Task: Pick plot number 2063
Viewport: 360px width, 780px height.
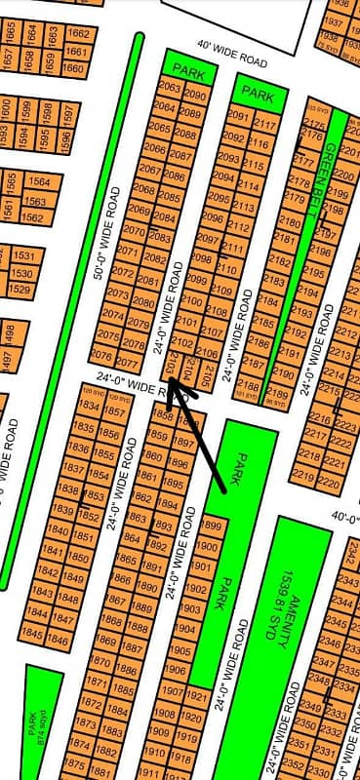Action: [x=167, y=89]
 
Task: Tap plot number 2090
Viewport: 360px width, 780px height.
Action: [x=195, y=96]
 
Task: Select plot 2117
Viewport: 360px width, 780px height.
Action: [x=264, y=124]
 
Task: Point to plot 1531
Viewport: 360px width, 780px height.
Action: [x=23, y=255]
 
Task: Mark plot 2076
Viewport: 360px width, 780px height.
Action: [x=101, y=354]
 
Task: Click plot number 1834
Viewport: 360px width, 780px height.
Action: [x=88, y=407]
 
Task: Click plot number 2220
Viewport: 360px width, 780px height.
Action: [x=330, y=481]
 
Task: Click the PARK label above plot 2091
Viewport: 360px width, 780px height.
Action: [x=258, y=94]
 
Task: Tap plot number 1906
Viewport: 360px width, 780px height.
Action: [x=176, y=670]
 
